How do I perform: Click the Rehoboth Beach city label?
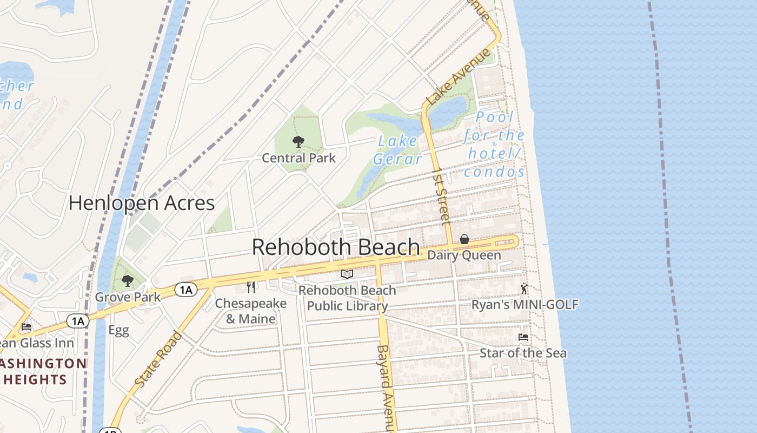[x=336, y=247]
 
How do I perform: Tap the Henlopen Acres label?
[x=142, y=203]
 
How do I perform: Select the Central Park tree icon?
[x=298, y=142]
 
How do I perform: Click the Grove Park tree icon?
[x=128, y=280]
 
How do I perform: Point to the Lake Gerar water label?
[x=397, y=150]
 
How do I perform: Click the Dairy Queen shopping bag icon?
[x=464, y=239]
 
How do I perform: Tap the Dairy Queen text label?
[x=464, y=255]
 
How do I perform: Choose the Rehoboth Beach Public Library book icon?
[x=347, y=274]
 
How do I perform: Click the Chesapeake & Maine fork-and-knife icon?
[x=250, y=287]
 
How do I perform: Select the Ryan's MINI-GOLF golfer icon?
[x=523, y=288]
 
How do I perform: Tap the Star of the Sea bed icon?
[x=523, y=337]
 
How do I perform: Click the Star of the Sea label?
[x=523, y=353]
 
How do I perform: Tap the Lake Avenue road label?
[x=459, y=77]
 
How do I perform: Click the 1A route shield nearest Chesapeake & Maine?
[x=185, y=290]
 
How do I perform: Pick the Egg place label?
[x=118, y=330]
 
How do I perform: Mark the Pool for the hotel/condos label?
[x=494, y=145]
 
